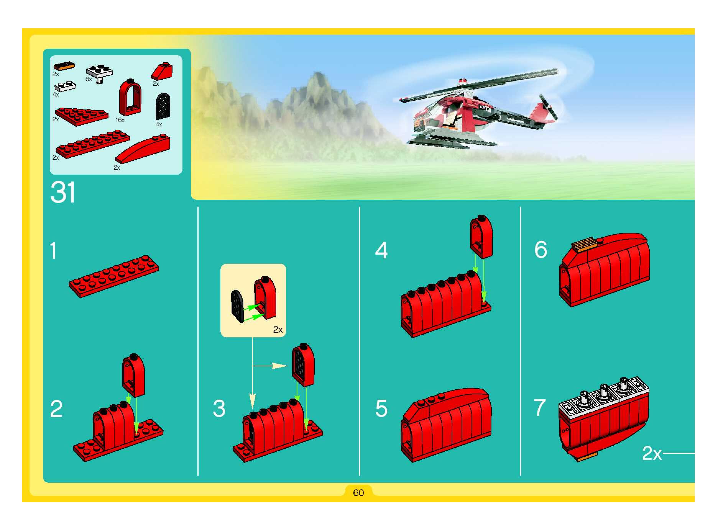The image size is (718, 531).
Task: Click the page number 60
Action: (x=358, y=493)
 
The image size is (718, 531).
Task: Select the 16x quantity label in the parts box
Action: (x=120, y=120)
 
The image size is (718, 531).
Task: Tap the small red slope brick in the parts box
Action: (x=162, y=71)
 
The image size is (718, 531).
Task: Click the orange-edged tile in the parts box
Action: (x=64, y=67)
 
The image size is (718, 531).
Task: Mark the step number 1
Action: (x=53, y=251)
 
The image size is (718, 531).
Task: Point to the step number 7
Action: (x=540, y=408)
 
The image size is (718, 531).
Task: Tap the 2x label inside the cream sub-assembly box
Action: (x=278, y=329)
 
